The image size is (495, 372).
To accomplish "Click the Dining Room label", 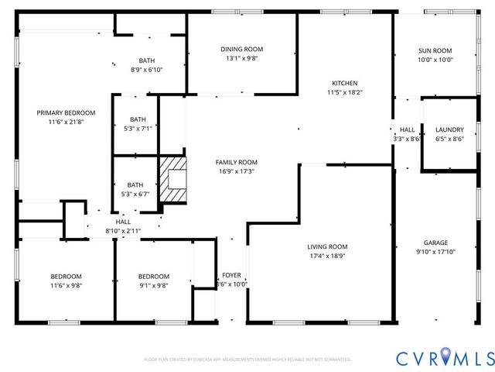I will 243,49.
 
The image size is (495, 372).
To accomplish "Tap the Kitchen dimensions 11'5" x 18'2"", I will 344,92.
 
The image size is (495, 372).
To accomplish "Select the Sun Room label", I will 435,50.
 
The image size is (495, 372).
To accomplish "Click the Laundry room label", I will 449,129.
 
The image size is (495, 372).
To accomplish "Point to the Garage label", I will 435,243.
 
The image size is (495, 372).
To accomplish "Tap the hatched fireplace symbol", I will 173,180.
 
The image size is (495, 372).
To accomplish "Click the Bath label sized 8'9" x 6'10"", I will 146,60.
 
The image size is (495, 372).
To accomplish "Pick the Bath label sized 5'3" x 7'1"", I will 137,119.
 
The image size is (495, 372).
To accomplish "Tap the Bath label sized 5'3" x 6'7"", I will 135,184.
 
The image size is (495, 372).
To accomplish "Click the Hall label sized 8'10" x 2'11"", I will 123,222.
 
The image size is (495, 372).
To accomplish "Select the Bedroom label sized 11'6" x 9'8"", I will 66,276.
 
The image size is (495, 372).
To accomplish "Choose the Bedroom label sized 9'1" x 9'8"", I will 153,276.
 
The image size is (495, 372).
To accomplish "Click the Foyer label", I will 231,275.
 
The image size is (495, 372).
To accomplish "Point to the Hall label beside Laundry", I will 407,129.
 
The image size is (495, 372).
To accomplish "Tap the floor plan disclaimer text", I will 247,360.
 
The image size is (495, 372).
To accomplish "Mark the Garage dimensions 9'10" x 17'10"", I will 435,251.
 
